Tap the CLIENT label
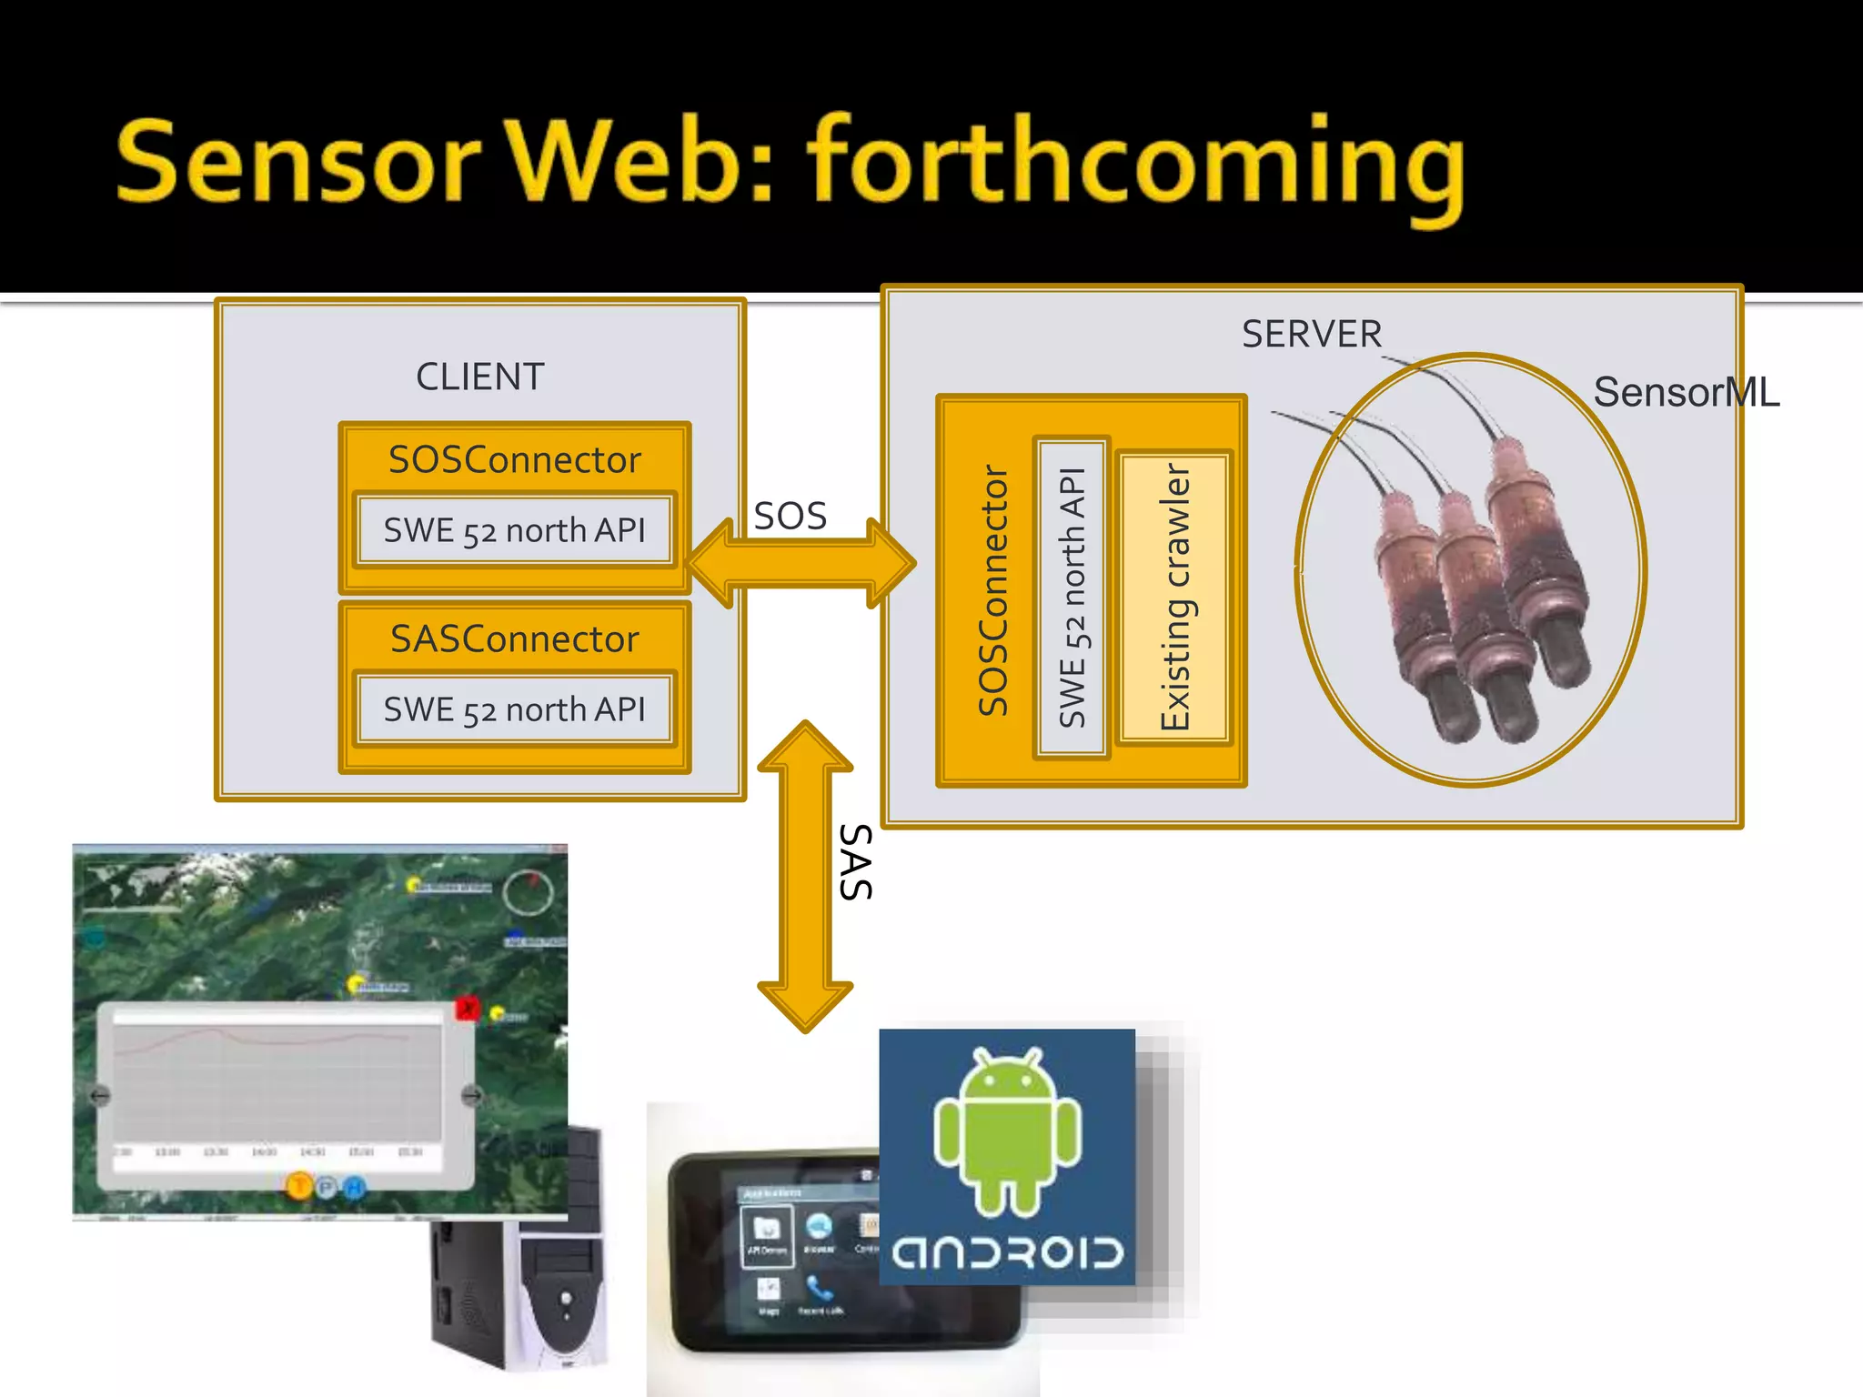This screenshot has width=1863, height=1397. click(479, 377)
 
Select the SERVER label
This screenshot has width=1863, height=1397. click(1311, 334)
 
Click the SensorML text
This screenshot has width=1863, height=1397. click(1686, 393)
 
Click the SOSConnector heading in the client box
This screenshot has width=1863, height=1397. click(514, 459)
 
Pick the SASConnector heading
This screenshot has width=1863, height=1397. click(514, 638)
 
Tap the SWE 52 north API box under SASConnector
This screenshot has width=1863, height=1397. click(514, 709)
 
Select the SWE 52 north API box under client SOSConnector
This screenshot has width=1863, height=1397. click(514, 530)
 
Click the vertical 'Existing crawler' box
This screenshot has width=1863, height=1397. click(1174, 597)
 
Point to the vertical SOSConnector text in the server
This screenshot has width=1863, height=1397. click(992, 591)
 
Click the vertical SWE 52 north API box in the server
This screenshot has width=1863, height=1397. click(1072, 597)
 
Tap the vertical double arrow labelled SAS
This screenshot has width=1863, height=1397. click(805, 878)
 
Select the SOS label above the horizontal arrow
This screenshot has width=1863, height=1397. click(790, 516)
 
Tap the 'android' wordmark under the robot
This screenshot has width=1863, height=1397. click(1007, 1252)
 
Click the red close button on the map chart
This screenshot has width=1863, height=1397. click(467, 1008)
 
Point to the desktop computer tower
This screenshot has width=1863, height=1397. click(537, 1291)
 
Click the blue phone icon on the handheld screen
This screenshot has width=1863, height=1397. click(820, 1288)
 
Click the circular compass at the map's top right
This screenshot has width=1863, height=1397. click(529, 892)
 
